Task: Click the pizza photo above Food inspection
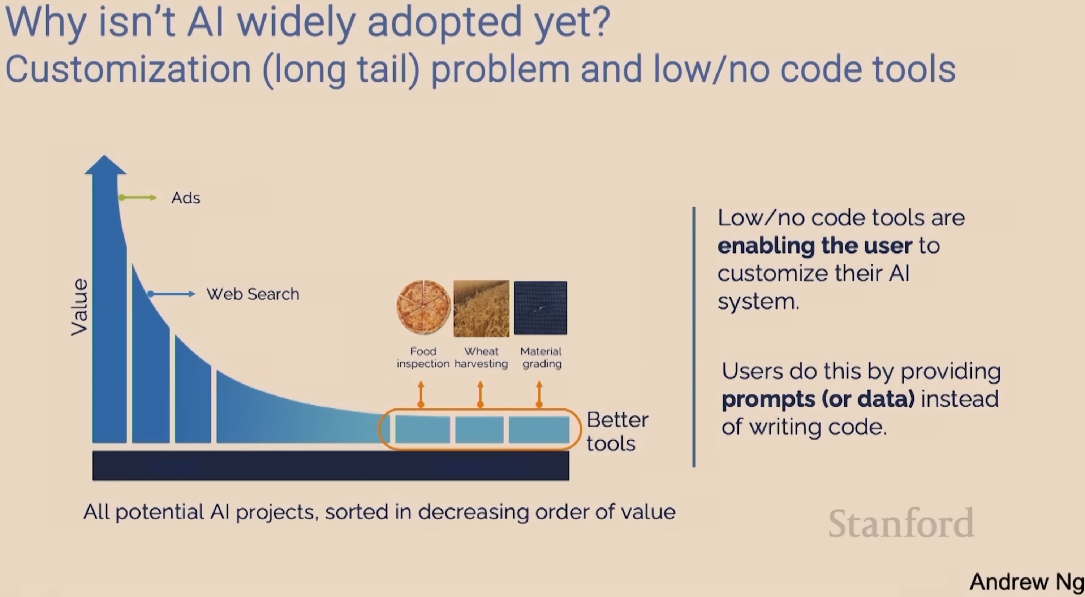tap(423, 307)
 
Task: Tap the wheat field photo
tap(481, 308)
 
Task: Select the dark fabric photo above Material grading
tap(541, 308)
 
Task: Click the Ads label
tap(186, 198)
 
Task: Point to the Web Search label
tap(253, 294)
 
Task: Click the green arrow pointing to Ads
tap(138, 198)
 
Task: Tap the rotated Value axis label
tap(79, 307)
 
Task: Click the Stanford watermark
tap(901, 523)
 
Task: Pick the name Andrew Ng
tap(1026, 582)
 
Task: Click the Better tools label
tap(617, 431)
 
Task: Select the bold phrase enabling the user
tap(815, 246)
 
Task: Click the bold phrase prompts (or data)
tap(818, 399)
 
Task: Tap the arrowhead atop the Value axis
tap(105, 165)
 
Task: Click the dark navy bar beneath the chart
tap(331, 466)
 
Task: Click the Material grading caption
tap(541, 357)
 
